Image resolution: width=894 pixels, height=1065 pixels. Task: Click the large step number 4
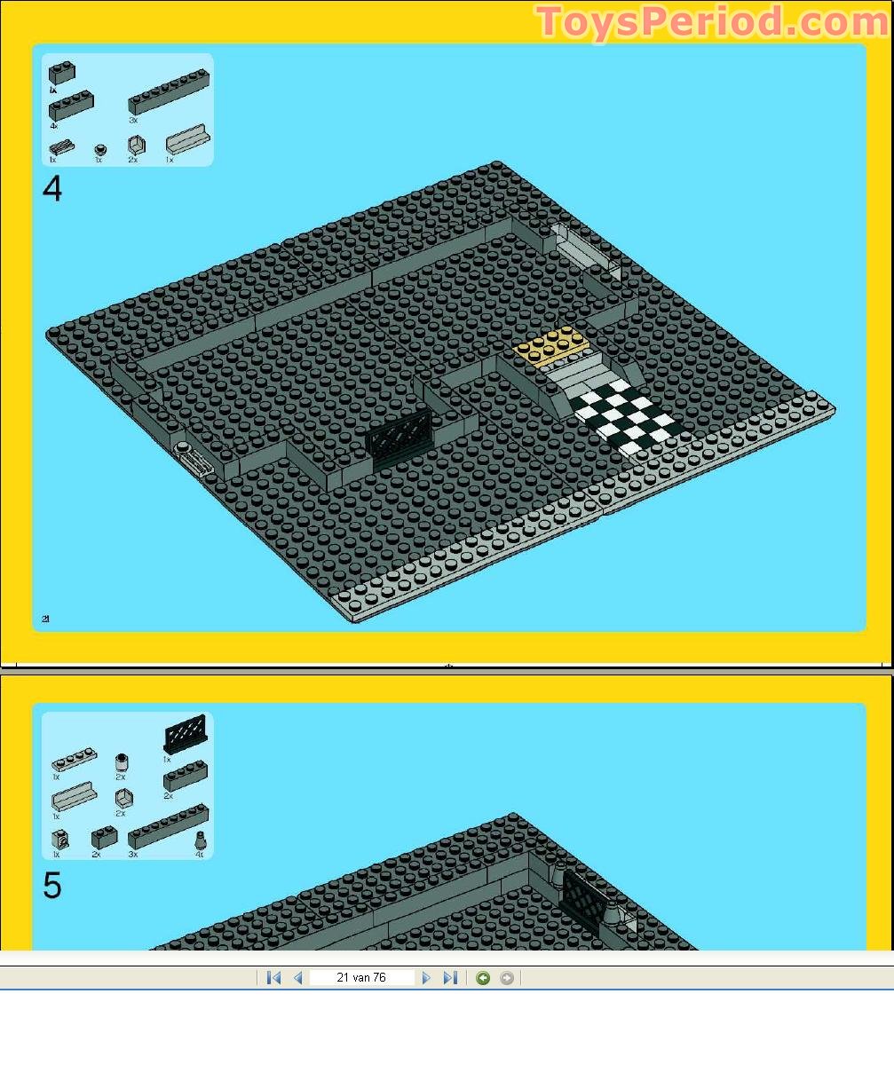[52, 189]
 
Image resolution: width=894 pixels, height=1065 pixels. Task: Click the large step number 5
[52, 886]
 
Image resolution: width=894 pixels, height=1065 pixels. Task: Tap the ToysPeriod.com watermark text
[711, 21]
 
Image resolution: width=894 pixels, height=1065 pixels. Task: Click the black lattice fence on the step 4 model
[400, 443]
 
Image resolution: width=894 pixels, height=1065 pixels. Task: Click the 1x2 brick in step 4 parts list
[62, 72]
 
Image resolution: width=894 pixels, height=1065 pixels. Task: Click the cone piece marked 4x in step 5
[201, 840]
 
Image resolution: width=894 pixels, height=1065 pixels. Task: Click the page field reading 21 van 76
[361, 977]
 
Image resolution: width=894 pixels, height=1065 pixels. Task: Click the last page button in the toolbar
[450, 977]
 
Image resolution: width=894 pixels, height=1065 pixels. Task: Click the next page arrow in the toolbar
[426, 977]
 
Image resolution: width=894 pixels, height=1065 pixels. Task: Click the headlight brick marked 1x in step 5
[60, 839]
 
